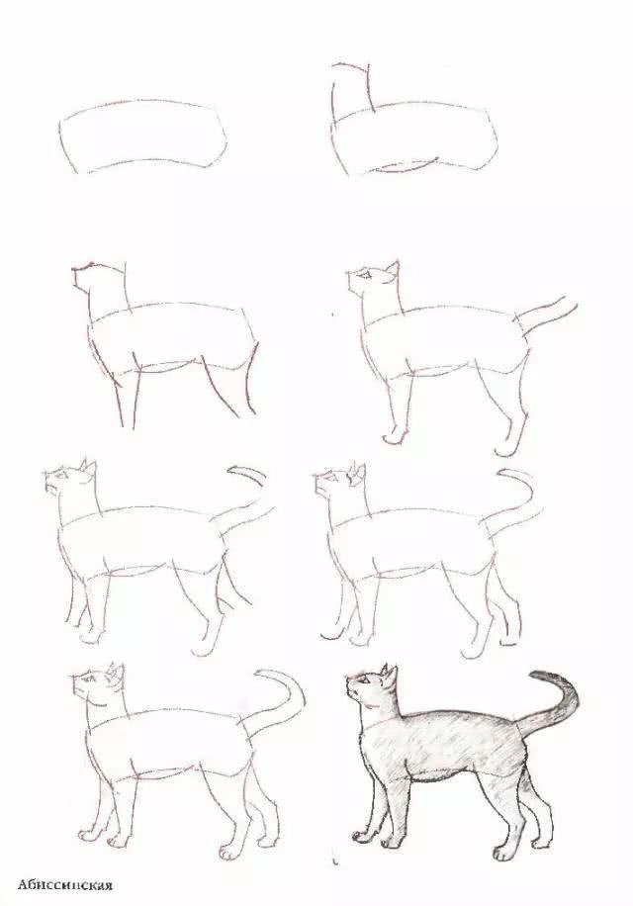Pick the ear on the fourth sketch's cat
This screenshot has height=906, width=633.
click(393, 269)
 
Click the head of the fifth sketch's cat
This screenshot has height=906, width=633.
click(69, 482)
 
